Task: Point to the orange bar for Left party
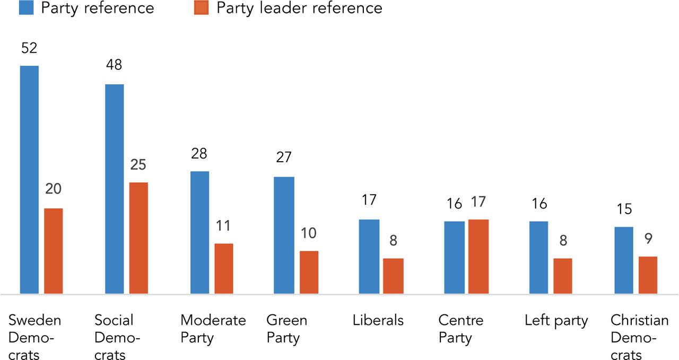coord(562,276)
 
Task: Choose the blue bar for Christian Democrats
coord(623,260)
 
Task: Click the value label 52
coord(29,48)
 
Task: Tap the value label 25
coord(138,165)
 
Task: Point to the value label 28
coord(199,154)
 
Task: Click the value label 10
coord(309,233)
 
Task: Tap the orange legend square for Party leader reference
coord(201,8)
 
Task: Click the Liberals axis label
coord(378,321)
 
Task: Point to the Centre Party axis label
coord(460,329)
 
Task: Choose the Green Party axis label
coord(287,329)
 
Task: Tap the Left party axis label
coord(556,321)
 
